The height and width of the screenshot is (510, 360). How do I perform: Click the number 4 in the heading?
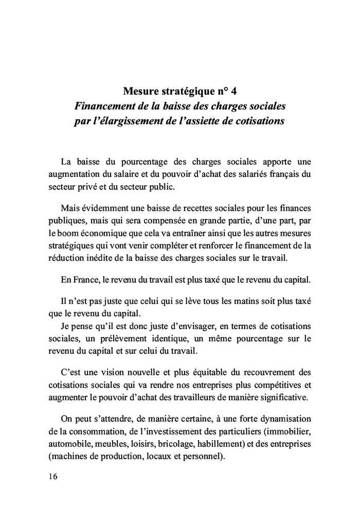click(234, 93)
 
